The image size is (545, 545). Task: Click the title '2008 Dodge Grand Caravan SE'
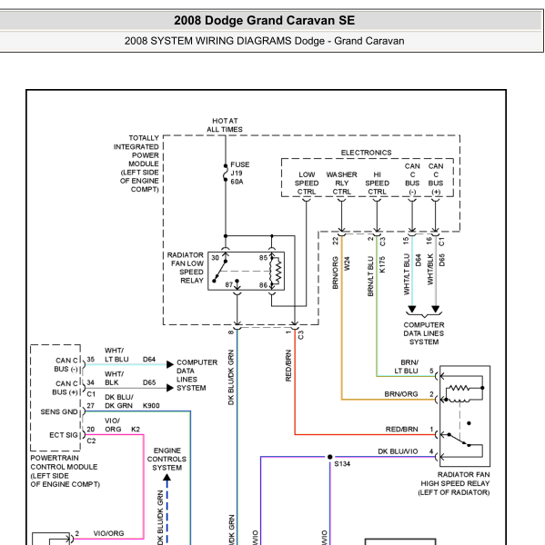(265, 21)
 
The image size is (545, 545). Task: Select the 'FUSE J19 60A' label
(240, 173)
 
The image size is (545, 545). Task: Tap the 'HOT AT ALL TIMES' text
(225, 125)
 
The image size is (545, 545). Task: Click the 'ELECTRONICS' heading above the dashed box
(366, 153)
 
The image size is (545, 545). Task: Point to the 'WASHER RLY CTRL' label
(341, 183)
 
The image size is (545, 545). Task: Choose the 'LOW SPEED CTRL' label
(307, 183)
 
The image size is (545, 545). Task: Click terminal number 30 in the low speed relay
(216, 258)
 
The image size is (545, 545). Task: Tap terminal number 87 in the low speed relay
(228, 285)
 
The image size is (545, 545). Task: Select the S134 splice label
(342, 464)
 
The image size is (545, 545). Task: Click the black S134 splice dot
(329, 457)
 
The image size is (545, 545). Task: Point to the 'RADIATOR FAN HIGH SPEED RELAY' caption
(454, 483)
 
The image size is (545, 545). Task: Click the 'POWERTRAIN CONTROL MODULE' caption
(65, 471)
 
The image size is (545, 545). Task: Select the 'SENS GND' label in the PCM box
(59, 411)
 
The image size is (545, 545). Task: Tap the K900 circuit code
(151, 406)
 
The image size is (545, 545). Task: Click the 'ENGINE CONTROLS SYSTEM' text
(167, 459)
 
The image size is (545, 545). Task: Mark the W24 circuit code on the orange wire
(347, 263)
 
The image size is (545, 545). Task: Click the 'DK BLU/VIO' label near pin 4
(398, 451)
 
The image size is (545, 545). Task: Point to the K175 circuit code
(382, 264)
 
